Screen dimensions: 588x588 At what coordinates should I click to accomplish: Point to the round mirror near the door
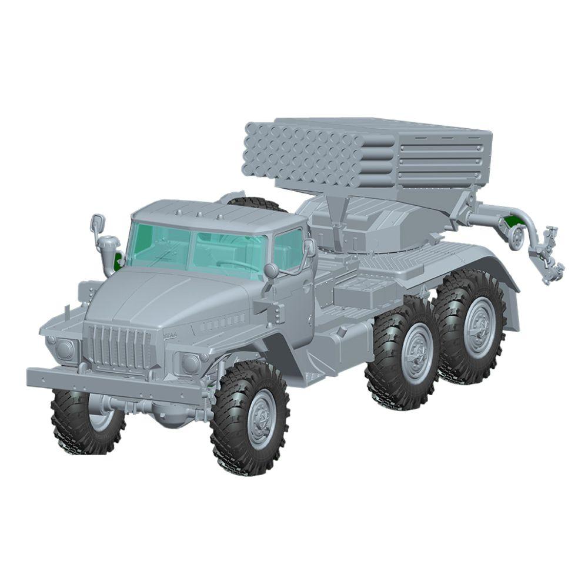[271, 270]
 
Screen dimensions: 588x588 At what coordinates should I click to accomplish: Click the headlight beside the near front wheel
[190, 363]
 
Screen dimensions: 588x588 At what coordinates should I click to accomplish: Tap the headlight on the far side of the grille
[65, 349]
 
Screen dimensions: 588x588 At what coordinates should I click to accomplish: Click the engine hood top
[159, 294]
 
